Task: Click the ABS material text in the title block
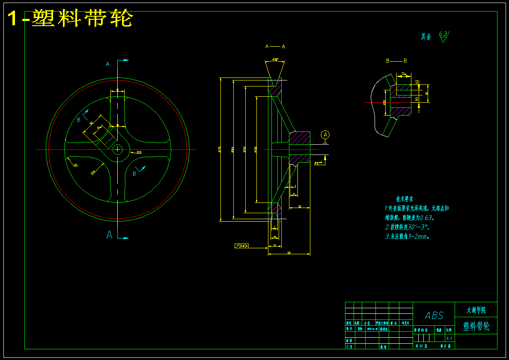pyautogui.click(x=434, y=315)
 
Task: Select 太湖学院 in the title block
pyautogui.click(x=476, y=309)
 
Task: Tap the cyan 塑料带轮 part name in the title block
pyautogui.click(x=476, y=327)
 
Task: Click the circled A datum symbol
pyautogui.click(x=325, y=135)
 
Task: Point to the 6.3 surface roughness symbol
pyautogui.click(x=444, y=36)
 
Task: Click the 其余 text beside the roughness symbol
pyautogui.click(x=426, y=37)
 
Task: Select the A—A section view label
pyautogui.click(x=275, y=46)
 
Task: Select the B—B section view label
pyautogui.click(x=396, y=61)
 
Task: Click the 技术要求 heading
pyautogui.click(x=405, y=199)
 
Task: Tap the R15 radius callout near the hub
pyautogui.click(x=139, y=152)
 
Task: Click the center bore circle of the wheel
pyautogui.click(x=117, y=149)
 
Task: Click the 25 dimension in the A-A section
pyautogui.click(x=300, y=207)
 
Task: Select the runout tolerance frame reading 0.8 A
pyautogui.click(x=242, y=246)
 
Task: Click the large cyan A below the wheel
pyautogui.click(x=110, y=235)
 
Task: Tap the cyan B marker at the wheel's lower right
pyautogui.click(x=134, y=174)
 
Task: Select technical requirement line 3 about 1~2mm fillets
pyautogui.click(x=407, y=236)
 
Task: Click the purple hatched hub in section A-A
pyautogui.click(x=300, y=143)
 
